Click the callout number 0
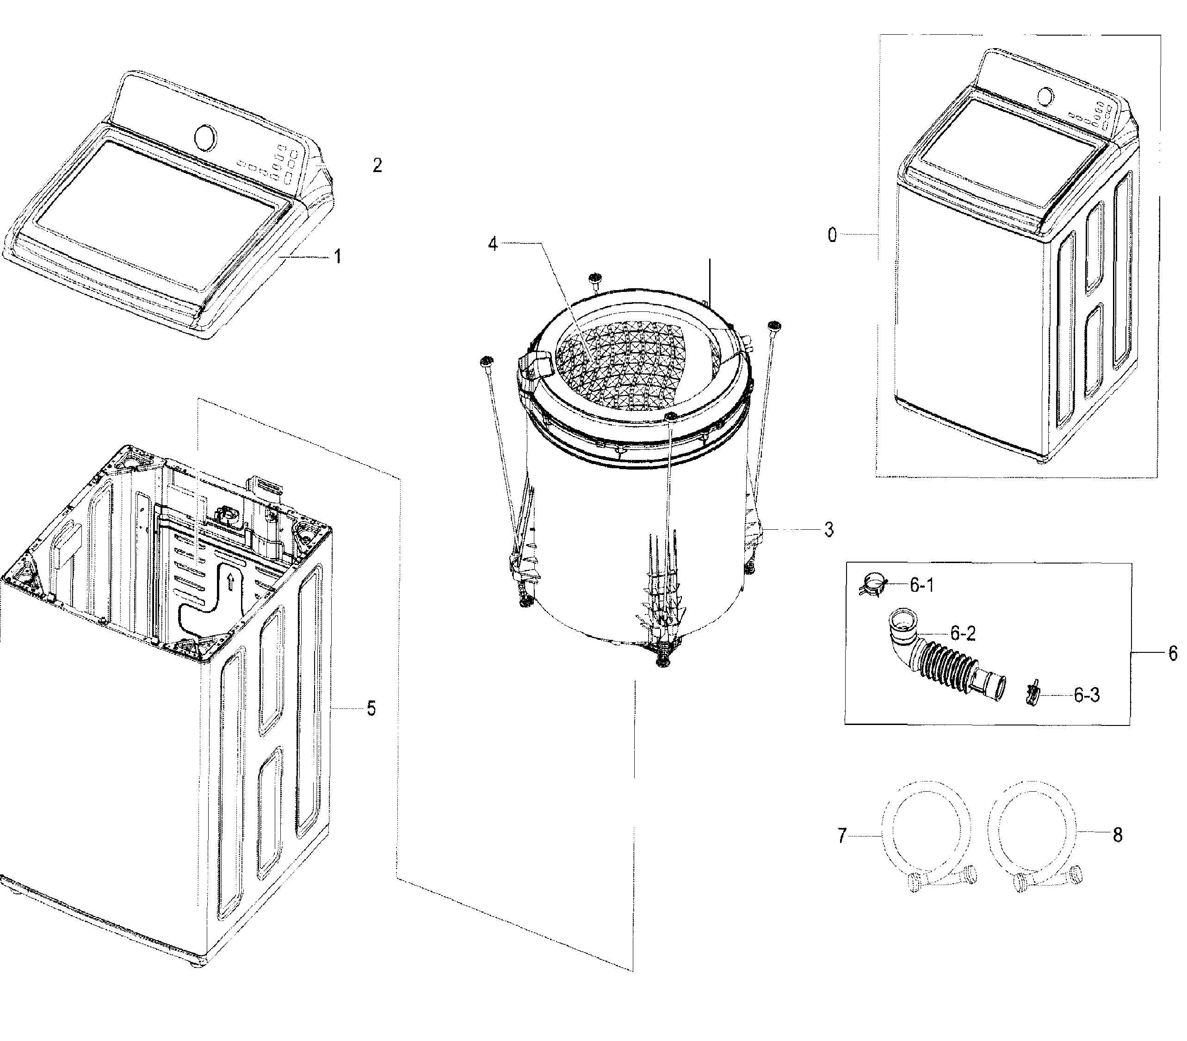point(832,235)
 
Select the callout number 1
point(337,256)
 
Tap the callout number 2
point(377,166)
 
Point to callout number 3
point(828,529)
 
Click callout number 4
point(493,244)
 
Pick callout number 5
point(371,708)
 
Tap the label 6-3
point(1086,695)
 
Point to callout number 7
point(842,836)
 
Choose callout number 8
point(1117,836)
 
